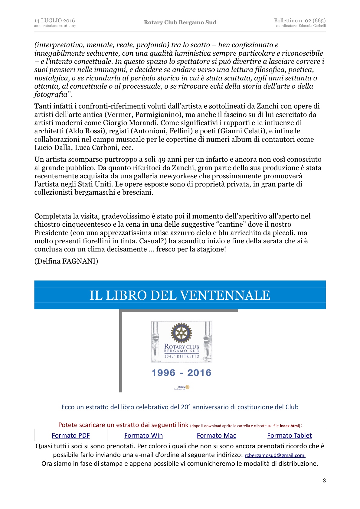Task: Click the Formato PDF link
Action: pyautogui.click(x=71, y=436)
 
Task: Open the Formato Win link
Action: pyautogui.click(x=143, y=436)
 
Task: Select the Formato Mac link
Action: pyautogui.click(x=216, y=436)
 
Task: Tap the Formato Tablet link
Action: pyautogui.click(x=289, y=436)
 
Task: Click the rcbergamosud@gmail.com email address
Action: pyautogui.click(x=275, y=456)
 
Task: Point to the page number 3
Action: pyautogui.click(x=324, y=481)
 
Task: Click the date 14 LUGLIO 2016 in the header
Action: pyautogui.click(x=54, y=21)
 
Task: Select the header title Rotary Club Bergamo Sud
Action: pyautogui.click(x=180, y=22)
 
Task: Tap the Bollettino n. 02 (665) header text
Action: pyautogui.click(x=299, y=21)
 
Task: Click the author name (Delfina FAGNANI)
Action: pyautogui.click(x=66, y=261)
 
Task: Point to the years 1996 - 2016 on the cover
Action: pyautogui.click(x=181, y=373)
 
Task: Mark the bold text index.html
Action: pyautogui.click(x=289, y=426)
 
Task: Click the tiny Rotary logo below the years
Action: pyautogui.click(x=182, y=387)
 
